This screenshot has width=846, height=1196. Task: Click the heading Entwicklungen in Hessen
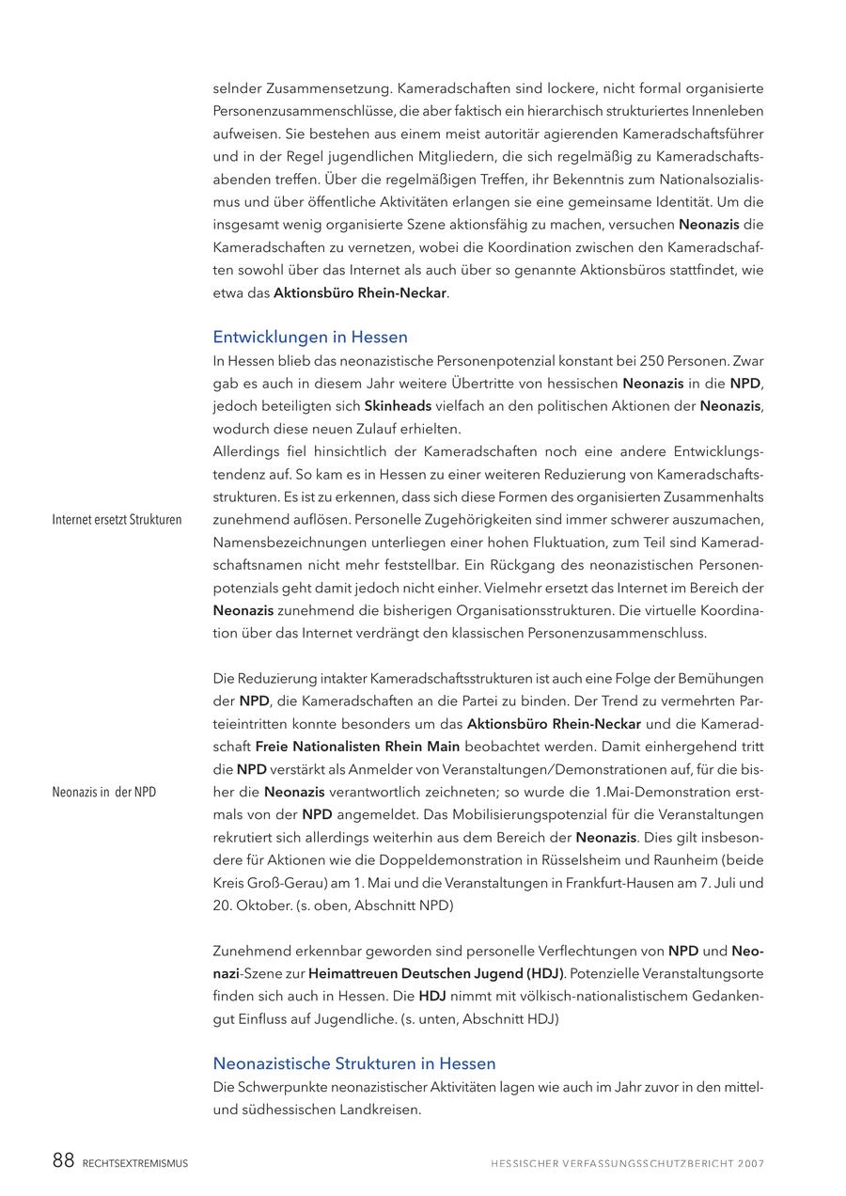point(310,337)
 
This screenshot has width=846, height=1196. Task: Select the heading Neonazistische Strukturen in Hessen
point(354,1063)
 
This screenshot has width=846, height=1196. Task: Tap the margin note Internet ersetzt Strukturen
point(117,519)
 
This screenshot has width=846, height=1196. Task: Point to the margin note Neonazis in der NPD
point(104,792)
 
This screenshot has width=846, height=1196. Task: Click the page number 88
point(63,1161)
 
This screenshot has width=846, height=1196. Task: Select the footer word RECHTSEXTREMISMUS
point(135,1163)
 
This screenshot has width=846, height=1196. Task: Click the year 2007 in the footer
point(751,1163)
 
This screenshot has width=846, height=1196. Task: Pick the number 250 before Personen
point(651,360)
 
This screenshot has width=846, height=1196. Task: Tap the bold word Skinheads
point(398,406)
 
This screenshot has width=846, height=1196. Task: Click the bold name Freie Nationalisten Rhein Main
point(357,747)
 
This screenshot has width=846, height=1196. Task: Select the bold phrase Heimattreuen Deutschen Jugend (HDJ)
point(436,973)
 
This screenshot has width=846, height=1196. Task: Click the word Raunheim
point(671,860)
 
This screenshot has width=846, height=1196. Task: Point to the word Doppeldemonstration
point(424,860)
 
